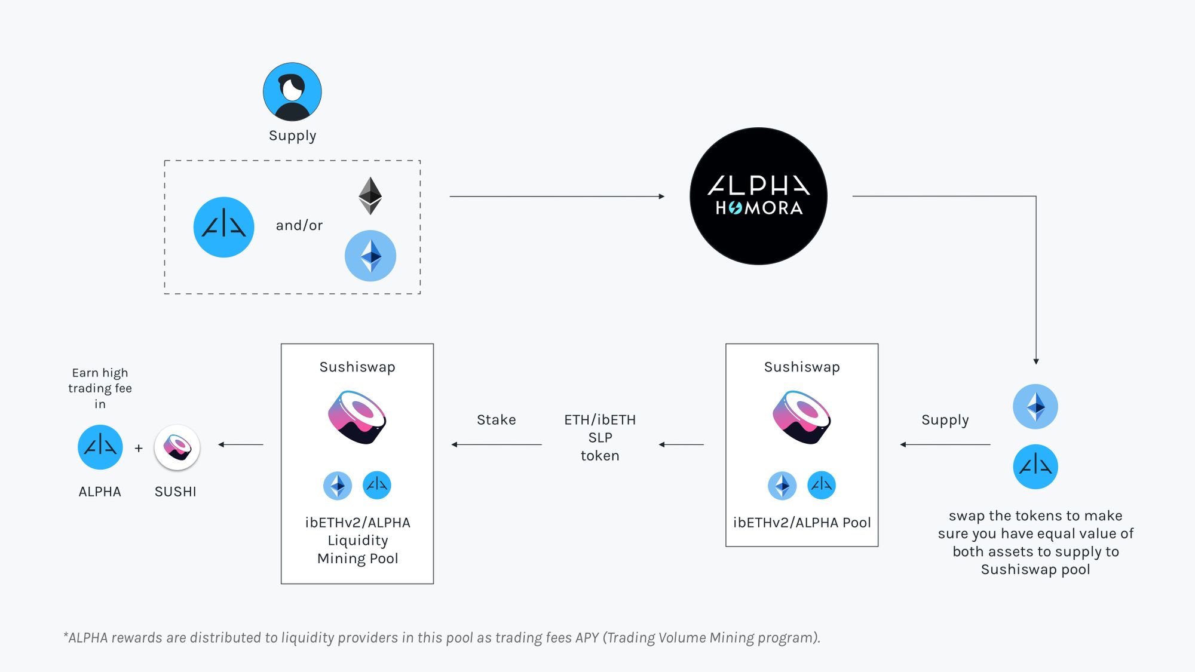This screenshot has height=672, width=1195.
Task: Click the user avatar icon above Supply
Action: pos(292,92)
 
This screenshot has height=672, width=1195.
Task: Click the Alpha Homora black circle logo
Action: pos(758,196)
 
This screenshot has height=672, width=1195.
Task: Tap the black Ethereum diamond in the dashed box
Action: pos(370,195)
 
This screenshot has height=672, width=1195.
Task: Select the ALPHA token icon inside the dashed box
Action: pos(223,227)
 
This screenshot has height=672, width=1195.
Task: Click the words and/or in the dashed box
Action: pos(299,225)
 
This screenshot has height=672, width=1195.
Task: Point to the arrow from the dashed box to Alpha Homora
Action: pos(556,196)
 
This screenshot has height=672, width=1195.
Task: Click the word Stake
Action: pos(496,420)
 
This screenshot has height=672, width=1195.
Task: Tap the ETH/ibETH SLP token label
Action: pos(600,438)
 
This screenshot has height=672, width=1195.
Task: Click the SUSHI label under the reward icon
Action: pos(175,492)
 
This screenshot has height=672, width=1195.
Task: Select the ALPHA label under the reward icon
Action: pos(100,492)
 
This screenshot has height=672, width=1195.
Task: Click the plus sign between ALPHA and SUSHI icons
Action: pos(139,448)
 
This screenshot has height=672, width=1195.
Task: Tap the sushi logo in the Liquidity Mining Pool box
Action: pos(357,417)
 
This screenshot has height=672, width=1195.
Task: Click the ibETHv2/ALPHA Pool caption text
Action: pos(802,523)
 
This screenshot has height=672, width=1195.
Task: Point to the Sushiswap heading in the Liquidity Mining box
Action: pos(357,367)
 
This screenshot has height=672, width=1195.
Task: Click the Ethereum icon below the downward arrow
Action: pos(1035,407)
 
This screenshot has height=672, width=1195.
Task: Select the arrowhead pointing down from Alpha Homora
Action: pos(1036,361)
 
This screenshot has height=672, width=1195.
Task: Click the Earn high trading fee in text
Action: pos(100,388)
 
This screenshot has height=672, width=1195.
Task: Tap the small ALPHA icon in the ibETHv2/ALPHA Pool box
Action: pos(822,485)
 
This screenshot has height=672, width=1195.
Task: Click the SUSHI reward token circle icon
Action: pos(177,447)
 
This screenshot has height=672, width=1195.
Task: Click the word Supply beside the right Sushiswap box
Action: pos(945,420)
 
